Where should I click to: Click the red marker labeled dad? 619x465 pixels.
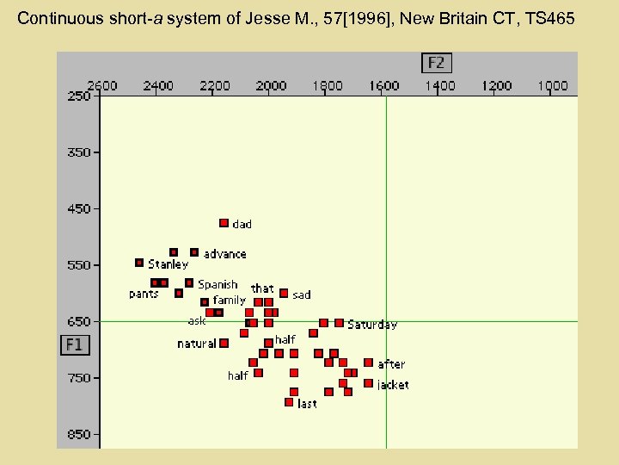(x=224, y=223)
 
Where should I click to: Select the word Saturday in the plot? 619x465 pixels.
(x=372, y=325)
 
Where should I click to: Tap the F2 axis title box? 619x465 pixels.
(x=436, y=63)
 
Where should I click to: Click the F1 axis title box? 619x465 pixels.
(x=74, y=344)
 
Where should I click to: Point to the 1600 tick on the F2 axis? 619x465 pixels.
(x=383, y=85)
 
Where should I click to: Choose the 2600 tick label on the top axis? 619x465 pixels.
(x=102, y=85)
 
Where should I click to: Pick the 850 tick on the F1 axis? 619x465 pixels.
(x=80, y=434)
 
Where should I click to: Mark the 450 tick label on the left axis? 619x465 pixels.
(x=80, y=208)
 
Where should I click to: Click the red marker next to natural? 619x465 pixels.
(x=224, y=343)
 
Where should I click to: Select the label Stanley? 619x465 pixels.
(x=168, y=264)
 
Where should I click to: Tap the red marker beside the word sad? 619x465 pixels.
(x=284, y=293)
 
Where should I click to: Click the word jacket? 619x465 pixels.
(x=393, y=385)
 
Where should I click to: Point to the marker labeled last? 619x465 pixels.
(x=289, y=401)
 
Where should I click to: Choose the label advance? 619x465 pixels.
(x=224, y=254)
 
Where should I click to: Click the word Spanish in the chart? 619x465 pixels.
(x=218, y=284)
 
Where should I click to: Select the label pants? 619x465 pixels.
(x=144, y=294)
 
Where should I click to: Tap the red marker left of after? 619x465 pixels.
(x=368, y=363)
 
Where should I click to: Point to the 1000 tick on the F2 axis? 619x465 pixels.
(x=552, y=85)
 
